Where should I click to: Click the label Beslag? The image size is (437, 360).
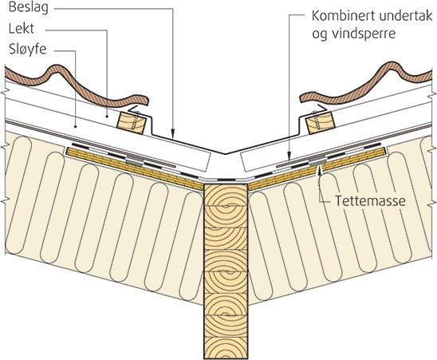[x=29, y=8]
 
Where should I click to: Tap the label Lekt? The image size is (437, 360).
[x=22, y=29]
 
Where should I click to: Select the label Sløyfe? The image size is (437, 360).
[x=28, y=49]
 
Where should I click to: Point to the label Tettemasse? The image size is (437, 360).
[x=370, y=200]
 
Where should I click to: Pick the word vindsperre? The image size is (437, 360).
[x=364, y=34]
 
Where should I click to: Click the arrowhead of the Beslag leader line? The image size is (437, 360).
[x=173, y=134]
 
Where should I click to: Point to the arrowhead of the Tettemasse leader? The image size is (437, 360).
[x=321, y=170]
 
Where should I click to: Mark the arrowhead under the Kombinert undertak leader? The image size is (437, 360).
[x=289, y=156]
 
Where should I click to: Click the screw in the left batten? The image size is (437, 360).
[x=137, y=121]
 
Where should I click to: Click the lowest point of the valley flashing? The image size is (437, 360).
[x=225, y=153]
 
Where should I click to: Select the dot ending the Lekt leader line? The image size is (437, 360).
[x=108, y=115]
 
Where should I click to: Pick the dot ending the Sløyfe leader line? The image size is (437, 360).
[x=76, y=126]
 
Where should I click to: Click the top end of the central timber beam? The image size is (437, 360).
[x=226, y=184]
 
